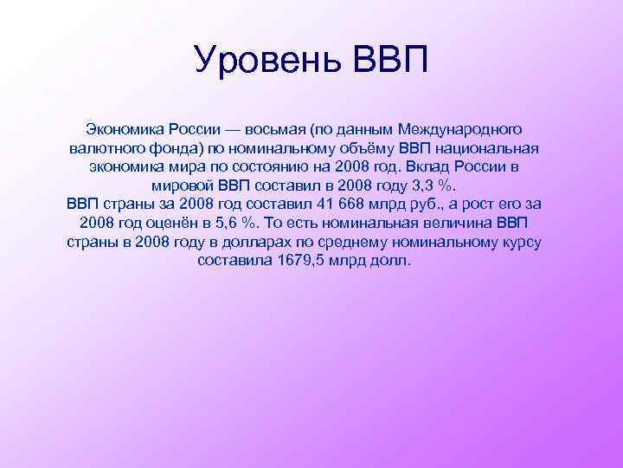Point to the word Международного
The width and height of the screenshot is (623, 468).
pyautogui.click(x=459, y=128)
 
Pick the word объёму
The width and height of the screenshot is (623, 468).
pyautogui.click(x=367, y=147)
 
